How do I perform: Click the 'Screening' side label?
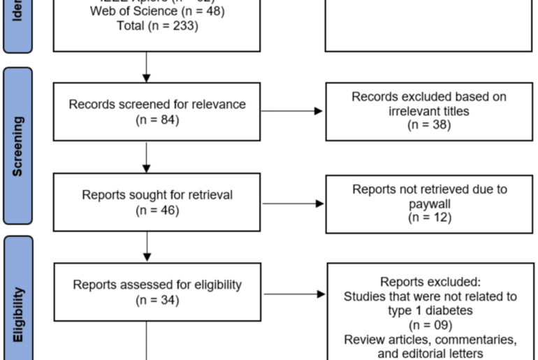(17, 145)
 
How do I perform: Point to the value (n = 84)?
(157, 120)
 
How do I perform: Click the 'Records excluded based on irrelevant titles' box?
(429, 110)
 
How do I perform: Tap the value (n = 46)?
(157, 210)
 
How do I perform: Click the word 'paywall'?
(429, 203)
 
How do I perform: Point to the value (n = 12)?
(429, 217)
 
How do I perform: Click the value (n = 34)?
(157, 300)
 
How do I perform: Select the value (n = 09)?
(430, 325)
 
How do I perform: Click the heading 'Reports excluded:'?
(430, 282)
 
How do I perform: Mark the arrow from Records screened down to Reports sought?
(146, 157)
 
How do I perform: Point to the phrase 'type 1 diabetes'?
(430, 310)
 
